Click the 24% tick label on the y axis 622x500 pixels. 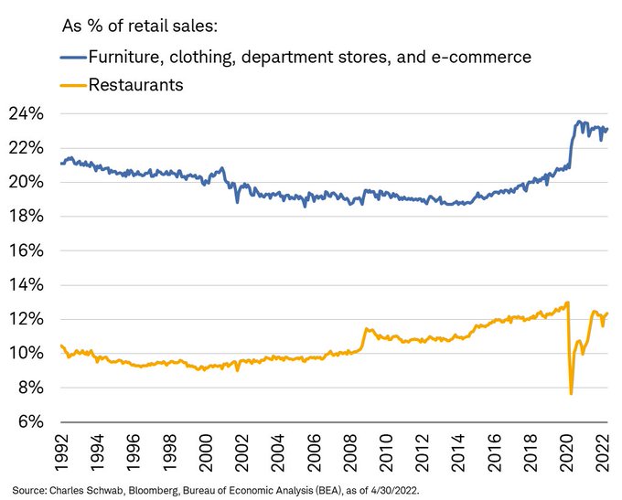pos(29,114)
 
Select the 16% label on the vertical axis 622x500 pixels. pos(29,251)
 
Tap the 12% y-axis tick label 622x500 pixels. pos(29,320)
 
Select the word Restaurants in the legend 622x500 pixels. pos(134,86)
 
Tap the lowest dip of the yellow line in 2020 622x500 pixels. pos(571,393)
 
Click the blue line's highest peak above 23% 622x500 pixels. pos(578,122)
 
